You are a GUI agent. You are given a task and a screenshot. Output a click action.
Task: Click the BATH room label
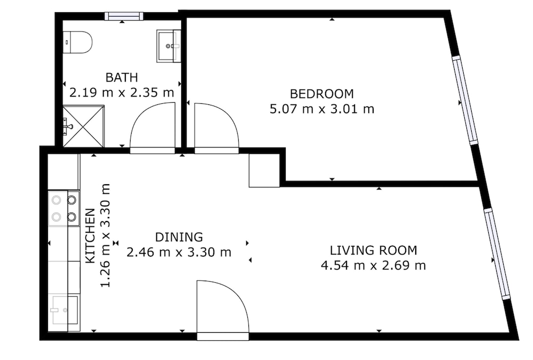[122, 77]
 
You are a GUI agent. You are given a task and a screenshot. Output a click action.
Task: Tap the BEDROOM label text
[321, 94]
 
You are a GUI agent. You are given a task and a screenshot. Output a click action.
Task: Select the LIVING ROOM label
[373, 250]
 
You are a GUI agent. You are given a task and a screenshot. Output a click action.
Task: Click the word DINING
[179, 237]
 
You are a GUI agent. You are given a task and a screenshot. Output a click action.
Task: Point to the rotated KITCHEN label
[90, 236]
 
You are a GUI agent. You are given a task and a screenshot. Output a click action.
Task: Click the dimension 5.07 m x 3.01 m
[321, 109]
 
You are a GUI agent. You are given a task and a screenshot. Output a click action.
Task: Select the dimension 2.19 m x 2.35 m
[122, 92]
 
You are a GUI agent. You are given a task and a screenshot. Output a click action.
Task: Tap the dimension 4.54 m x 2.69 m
[373, 265]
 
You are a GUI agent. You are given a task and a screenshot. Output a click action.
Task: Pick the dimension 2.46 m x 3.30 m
[179, 252]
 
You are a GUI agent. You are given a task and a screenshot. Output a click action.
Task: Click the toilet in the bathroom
[78, 43]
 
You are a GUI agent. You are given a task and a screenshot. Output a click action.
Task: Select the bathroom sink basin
[168, 46]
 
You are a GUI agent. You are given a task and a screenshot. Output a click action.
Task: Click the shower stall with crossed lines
[83, 126]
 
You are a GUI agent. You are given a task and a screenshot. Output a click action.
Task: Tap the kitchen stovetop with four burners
[64, 208]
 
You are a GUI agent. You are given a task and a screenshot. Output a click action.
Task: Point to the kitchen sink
[64, 310]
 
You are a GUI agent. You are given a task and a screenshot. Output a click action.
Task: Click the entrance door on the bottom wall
[223, 336]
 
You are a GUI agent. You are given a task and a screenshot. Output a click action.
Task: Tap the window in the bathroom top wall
[124, 16]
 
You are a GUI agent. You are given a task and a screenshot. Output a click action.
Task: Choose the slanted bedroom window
[465, 100]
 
